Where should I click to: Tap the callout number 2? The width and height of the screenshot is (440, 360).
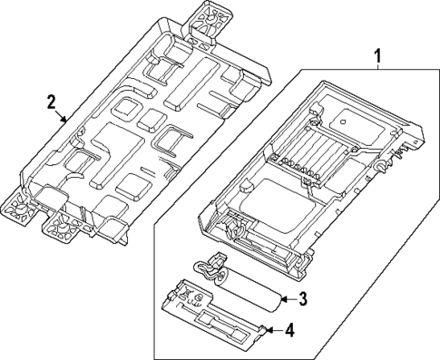click(x=52, y=102)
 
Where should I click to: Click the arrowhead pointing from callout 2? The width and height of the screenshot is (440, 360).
click(x=64, y=121)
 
